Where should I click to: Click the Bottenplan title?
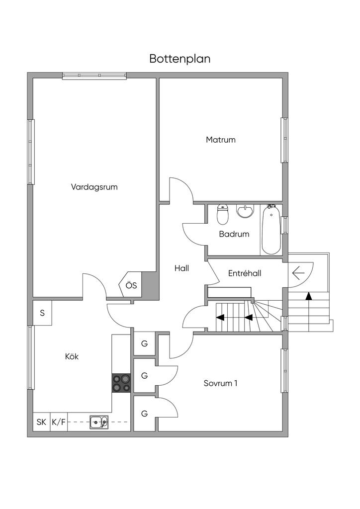point(180,59)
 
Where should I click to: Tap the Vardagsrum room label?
point(94,187)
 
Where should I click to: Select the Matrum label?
point(221,140)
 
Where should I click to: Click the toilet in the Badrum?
point(223,215)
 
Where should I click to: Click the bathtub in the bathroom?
point(271,229)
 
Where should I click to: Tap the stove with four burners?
point(121,383)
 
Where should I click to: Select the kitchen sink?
point(99,422)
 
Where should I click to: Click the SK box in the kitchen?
point(41,422)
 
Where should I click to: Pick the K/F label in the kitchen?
point(59,422)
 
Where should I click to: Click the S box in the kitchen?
point(42,313)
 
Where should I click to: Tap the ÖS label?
point(131,285)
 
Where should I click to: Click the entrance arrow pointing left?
point(298,273)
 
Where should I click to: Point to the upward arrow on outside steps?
point(309,296)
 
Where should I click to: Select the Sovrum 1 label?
point(220,383)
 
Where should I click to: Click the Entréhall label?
point(245,273)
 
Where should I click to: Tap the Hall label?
point(181,268)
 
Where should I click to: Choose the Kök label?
point(72,356)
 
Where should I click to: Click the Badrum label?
point(234,234)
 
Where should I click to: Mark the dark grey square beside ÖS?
point(149,285)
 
